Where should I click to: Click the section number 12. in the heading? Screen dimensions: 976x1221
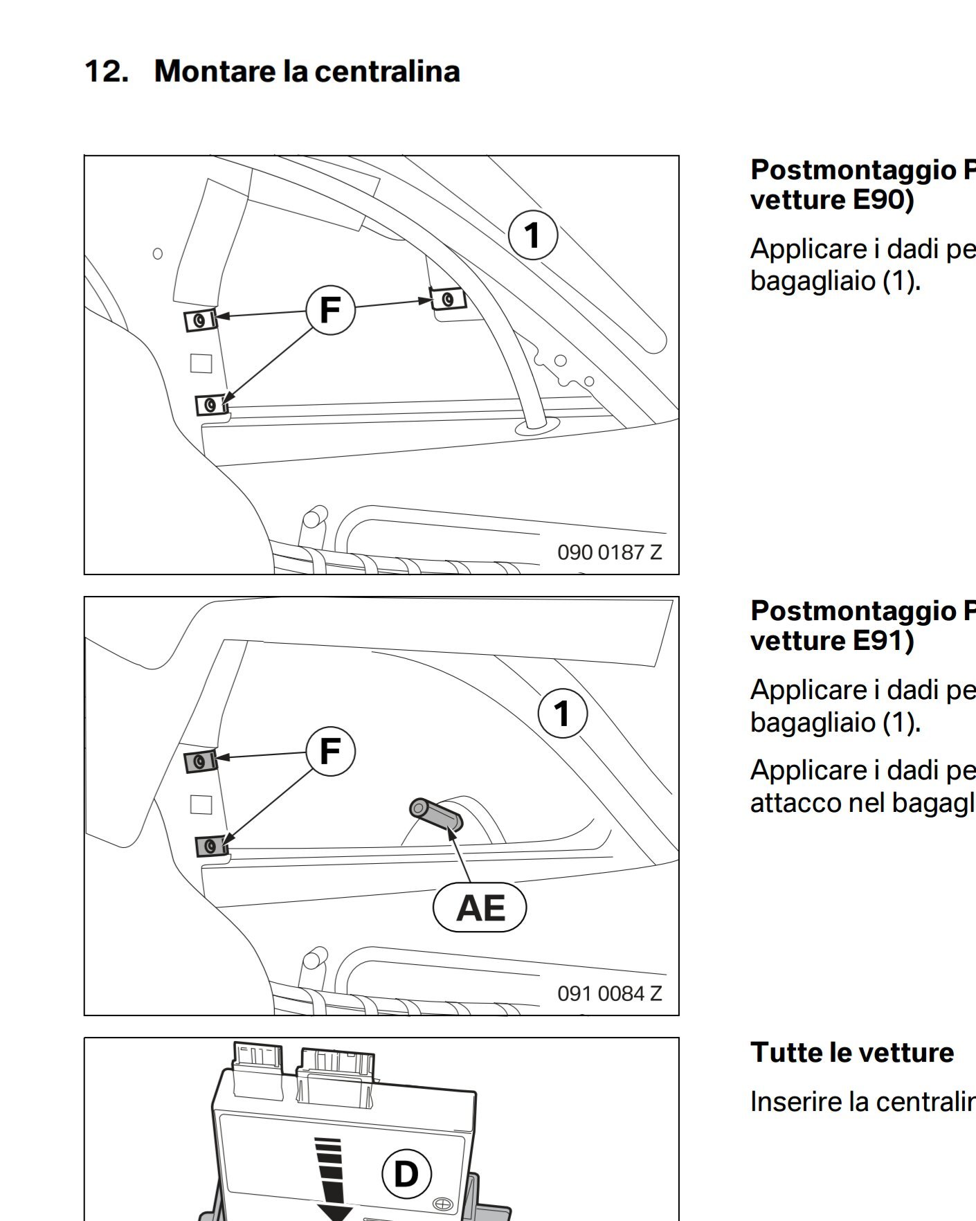(107, 71)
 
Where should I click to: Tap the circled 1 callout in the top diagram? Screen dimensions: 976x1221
(532, 235)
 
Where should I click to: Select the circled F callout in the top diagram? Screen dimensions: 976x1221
(330, 309)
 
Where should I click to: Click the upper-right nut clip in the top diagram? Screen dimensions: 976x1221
(448, 299)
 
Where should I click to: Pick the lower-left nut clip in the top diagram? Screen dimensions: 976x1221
(212, 404)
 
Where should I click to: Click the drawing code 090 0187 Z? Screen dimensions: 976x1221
(610, 552)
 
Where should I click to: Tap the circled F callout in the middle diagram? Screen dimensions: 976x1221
(330, 750)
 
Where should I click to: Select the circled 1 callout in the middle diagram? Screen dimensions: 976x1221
(562, 714)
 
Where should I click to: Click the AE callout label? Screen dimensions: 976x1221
(480, 907)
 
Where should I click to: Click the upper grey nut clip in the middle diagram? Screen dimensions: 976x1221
(201, 761)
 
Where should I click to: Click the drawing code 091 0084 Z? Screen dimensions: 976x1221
(610, 993)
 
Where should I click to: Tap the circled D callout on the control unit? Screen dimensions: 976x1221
(406, 1174)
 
